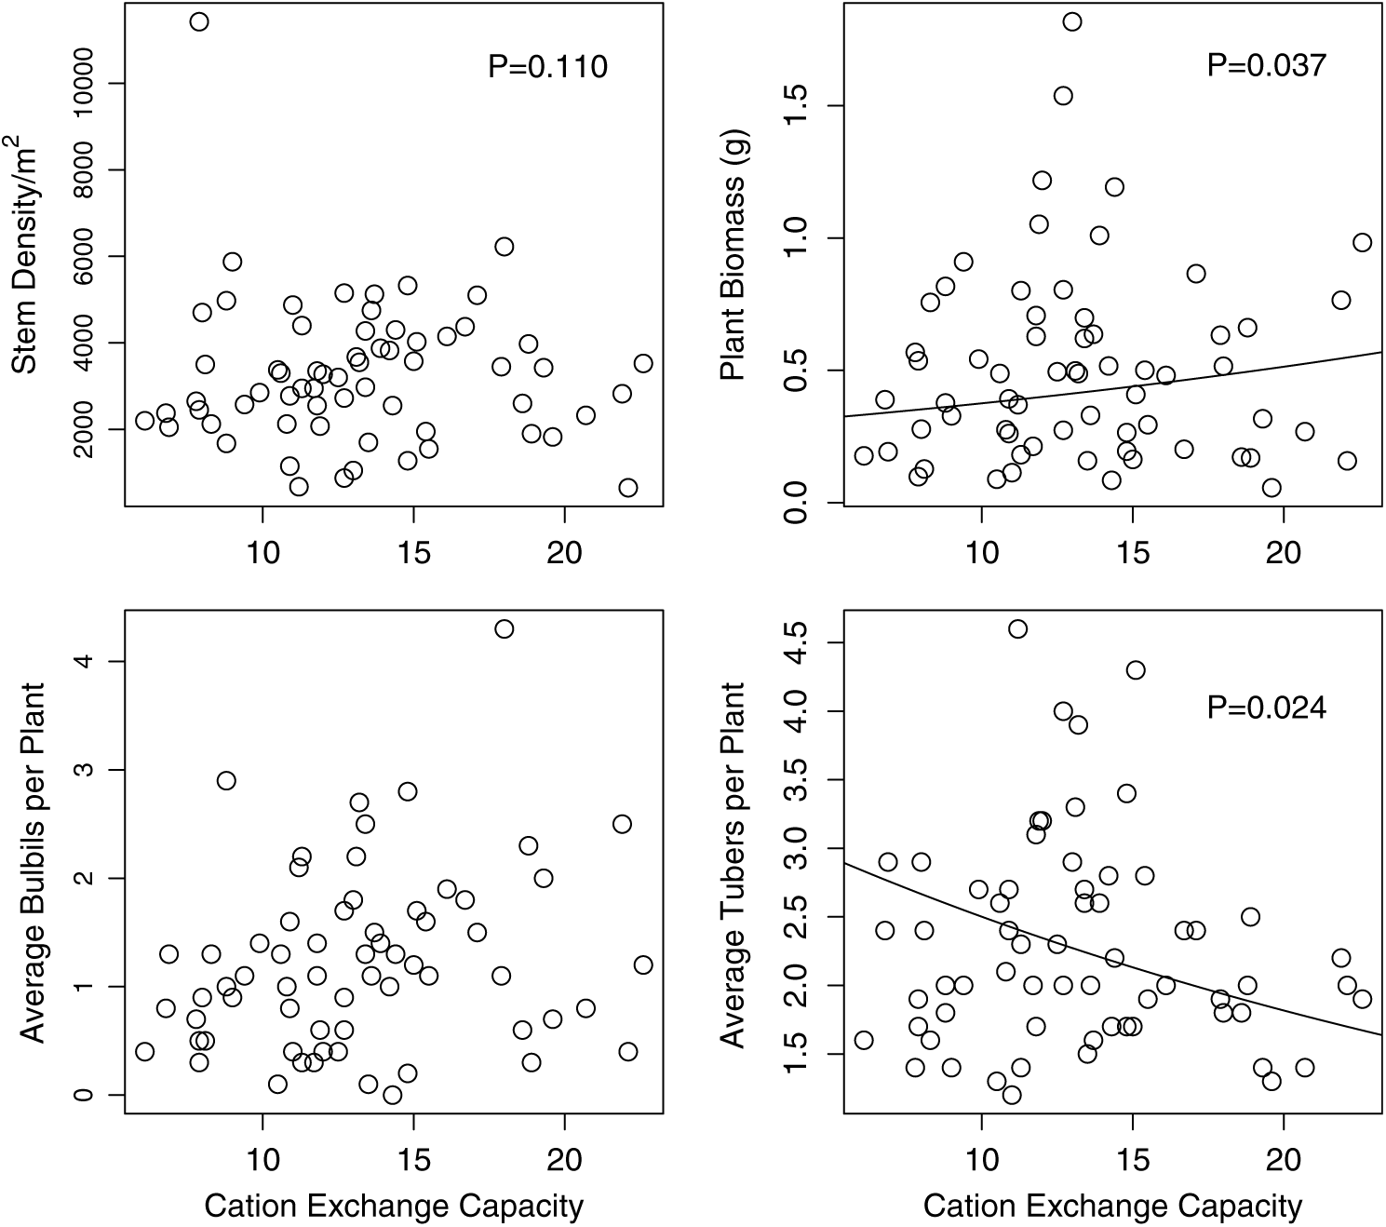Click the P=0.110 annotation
click(x=547, y=66)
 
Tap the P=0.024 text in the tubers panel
click(x=1266, y=708)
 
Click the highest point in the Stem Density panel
click(x=199, y=21)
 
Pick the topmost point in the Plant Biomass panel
click(x=1072, y=21)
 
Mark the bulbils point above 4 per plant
click(x=504, y=628)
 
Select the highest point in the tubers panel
click(x=1017, y=628)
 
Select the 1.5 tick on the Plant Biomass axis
click(x=797, y=105)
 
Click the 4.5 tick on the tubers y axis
click(x=797, y=642)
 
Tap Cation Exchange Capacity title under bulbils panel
click(x=394, y=1206)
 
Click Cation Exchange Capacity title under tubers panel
click(x=1112, y=1206)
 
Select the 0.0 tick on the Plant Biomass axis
click(x=797, y=503)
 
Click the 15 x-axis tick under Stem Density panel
click(x=413, y=551)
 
